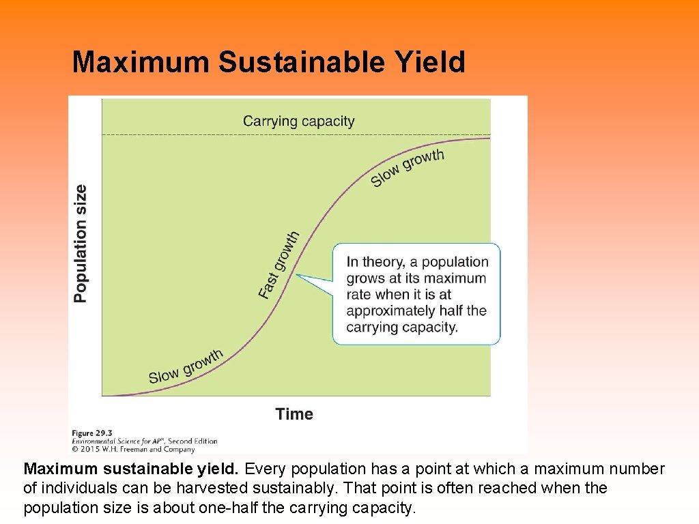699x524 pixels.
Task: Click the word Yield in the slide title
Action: pos(429,62)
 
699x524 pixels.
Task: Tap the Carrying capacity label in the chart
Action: pos(298,121)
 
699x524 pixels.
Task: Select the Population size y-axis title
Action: pos(81,244)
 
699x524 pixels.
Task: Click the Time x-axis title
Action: pos(294,414)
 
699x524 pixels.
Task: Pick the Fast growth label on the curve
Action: pos(279,264)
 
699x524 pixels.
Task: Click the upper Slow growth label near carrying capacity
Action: pos(407,168)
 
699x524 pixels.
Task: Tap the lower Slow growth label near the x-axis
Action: pos(186,367)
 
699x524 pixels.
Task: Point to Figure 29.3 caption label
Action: pos(94,433)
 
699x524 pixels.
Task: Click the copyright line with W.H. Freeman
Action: pos(134,449)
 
